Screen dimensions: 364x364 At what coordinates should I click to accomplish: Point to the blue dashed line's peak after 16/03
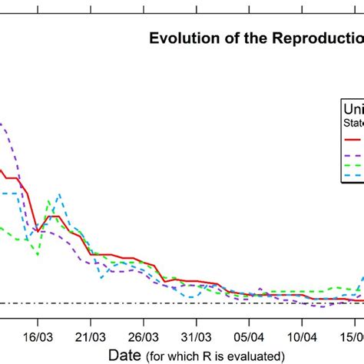(60, 195)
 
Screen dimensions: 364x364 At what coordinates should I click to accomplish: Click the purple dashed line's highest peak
(2, 124)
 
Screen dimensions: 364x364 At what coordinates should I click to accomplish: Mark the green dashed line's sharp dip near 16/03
(37, 254)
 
